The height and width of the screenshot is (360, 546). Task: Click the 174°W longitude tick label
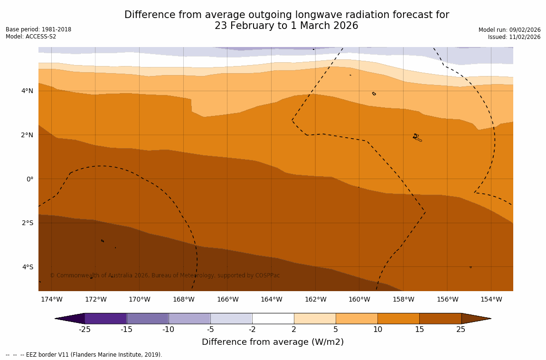pyautogui.click(x=51, y=299)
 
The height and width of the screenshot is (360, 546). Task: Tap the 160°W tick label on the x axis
pyautogui.click(x=359, y=299)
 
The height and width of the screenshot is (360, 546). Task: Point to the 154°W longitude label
pyautogui.click(x=491, y=299)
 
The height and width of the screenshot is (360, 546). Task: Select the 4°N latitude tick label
pyautogui.click(x=28, y=91)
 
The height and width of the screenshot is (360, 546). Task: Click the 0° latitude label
pyautogui.click(x=29, y=179)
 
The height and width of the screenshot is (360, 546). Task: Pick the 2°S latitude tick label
pyautogui.click(x=28, y=223)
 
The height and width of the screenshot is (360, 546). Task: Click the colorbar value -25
pyautogui.click(x=85, y=329)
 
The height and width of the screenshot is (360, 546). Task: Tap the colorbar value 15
pyautogui.click(x=419, y=329)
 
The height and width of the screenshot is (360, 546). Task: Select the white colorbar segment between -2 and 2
pyautogui.click(x=273, y=318)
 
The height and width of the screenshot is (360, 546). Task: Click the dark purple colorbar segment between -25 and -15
pyautogui.click(x=105, y=318)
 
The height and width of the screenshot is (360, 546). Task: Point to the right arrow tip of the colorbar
pyautogui.click(x=490, y=318)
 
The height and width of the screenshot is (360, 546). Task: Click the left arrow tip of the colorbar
pyautogui.click(x=56, y=318)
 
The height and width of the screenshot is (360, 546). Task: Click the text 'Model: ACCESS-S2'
pyautogui.click(x=31, y=37)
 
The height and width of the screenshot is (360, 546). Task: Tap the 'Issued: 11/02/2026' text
pyautogui.click(x=514, y=37)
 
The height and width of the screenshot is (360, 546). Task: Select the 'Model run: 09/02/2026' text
pyautogui.click(x=509, y=29)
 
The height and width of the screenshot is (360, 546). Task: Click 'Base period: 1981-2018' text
pyautogui.click(x=38, y=29)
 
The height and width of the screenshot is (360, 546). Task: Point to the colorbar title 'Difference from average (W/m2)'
pyautogui.click(x=273, y=342)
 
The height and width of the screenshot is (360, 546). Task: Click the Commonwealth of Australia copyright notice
pyautogui.click(x=165, y=275)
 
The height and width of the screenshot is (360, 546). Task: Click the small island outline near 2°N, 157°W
pyautogui.click(x=417, y=138)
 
